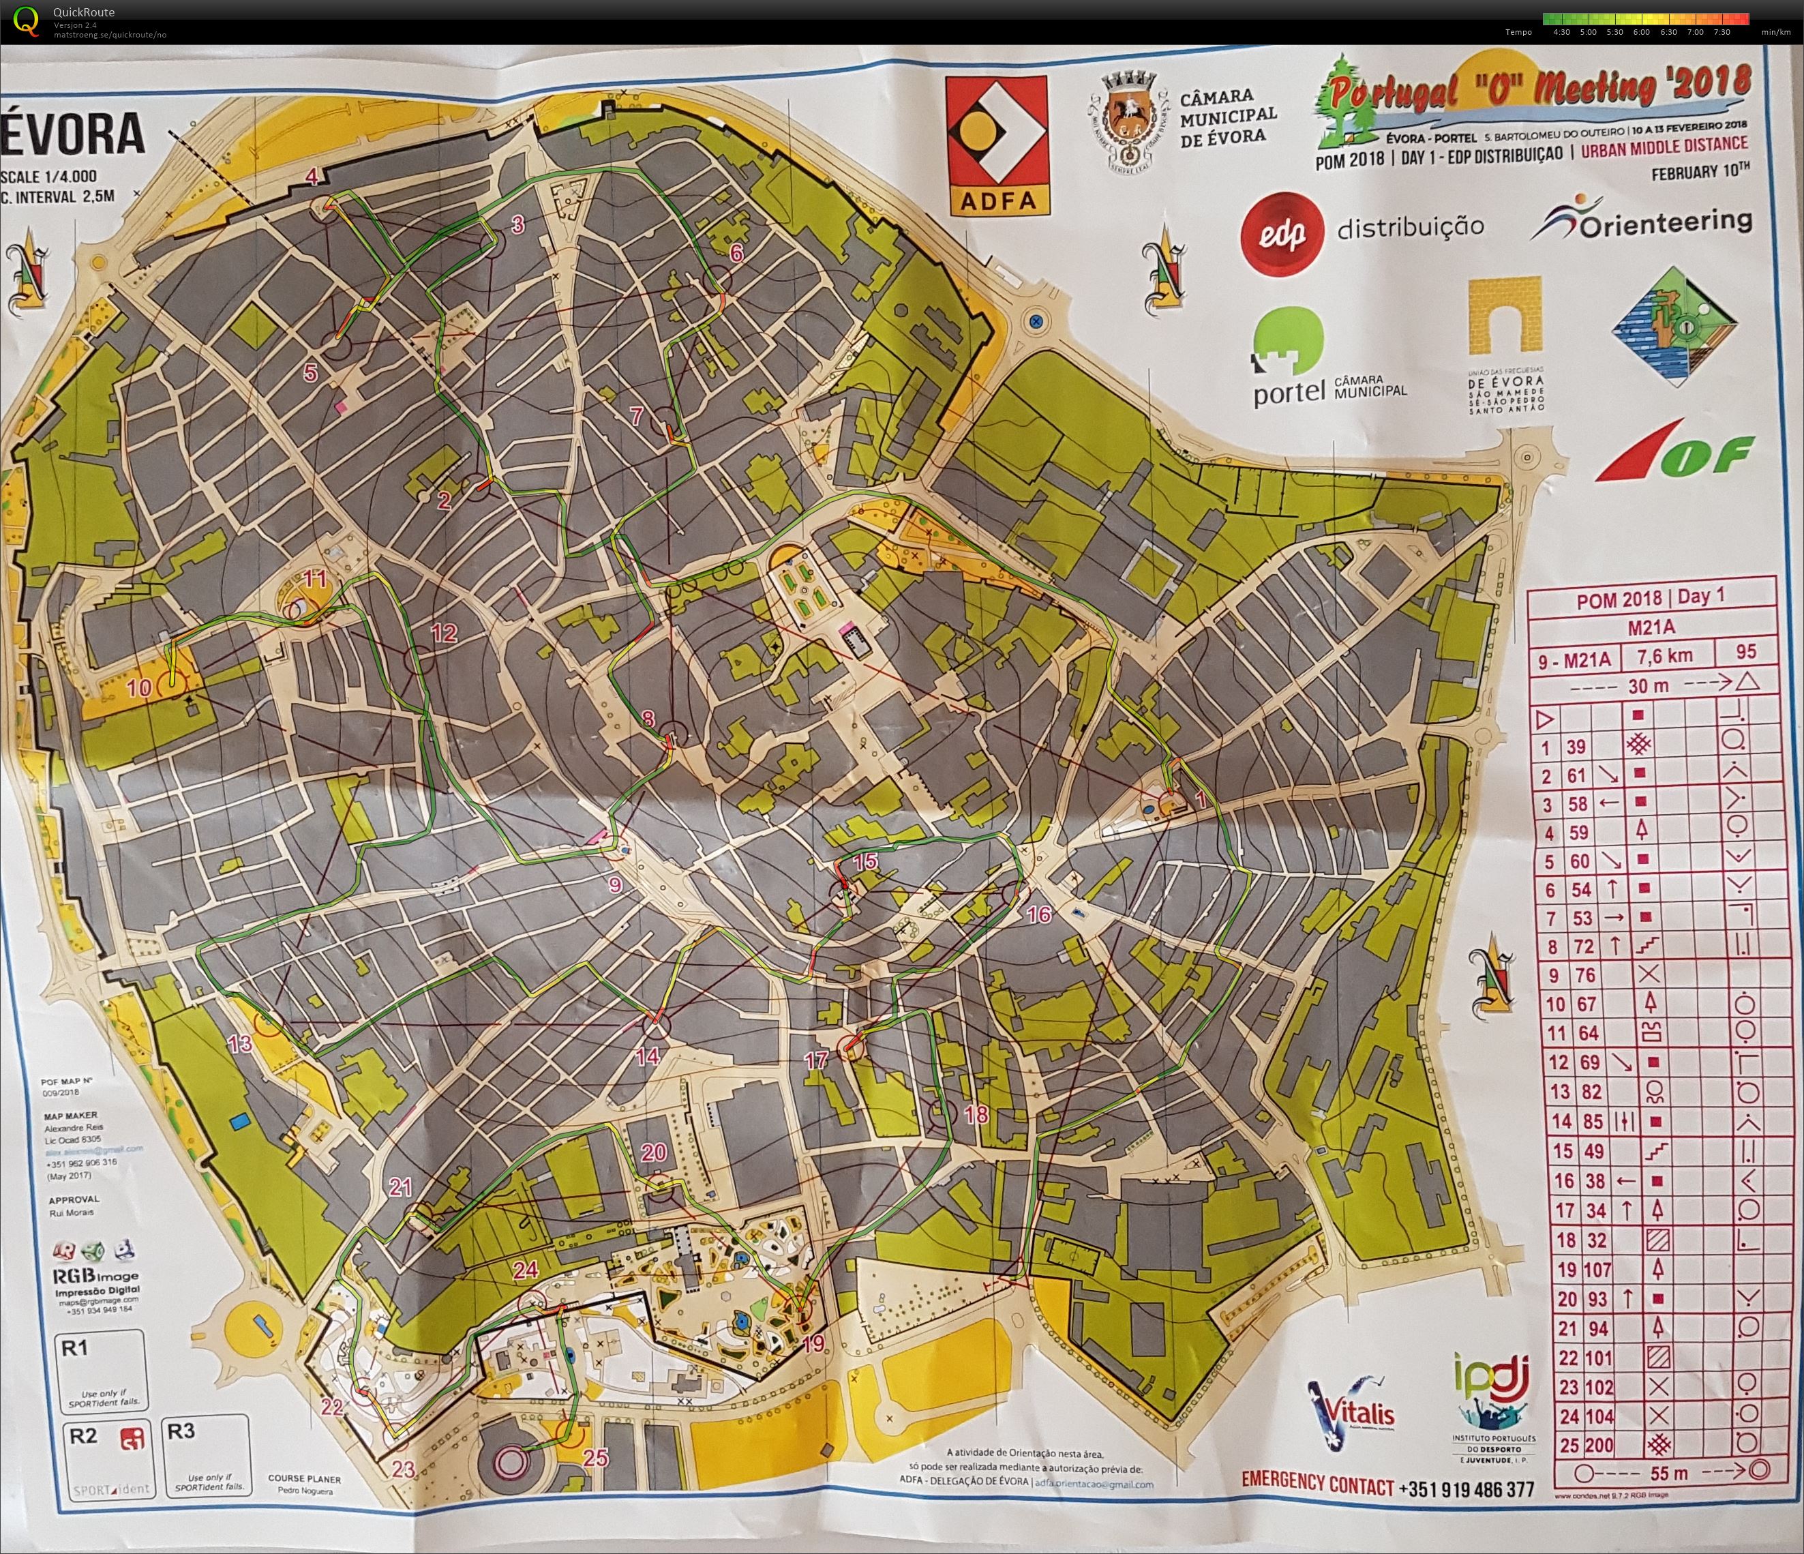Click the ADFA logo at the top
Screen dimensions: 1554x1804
click(x=996, y=145)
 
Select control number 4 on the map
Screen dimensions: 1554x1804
click(x=311, y=177)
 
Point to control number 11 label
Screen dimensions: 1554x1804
click(x=314, y=578)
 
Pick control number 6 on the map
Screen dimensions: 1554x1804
click(x=736, y=254)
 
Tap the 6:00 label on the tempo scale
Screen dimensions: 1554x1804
click(x=1641, y=32)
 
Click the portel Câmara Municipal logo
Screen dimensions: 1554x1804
click(x=1327, y=362)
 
